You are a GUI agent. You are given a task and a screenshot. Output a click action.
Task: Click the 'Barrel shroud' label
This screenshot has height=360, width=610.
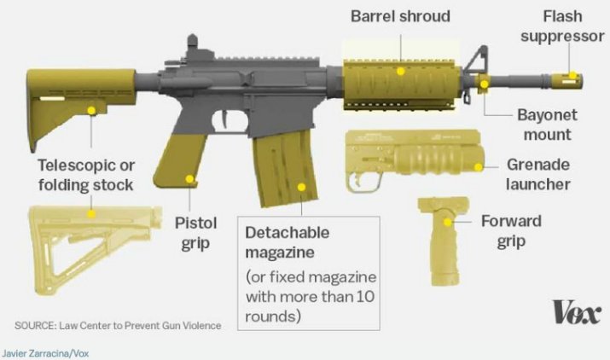[x=401, y=16]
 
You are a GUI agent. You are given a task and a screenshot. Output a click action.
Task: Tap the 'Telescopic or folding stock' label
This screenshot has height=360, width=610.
[x=84, y=173]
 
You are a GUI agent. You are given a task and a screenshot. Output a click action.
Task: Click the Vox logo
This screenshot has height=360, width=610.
[x=576, y=312]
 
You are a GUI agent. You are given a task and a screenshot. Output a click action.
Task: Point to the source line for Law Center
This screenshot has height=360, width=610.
[x=117, y=325]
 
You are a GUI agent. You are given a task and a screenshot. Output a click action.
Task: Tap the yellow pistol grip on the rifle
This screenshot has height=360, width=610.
[x=189, y=162]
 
